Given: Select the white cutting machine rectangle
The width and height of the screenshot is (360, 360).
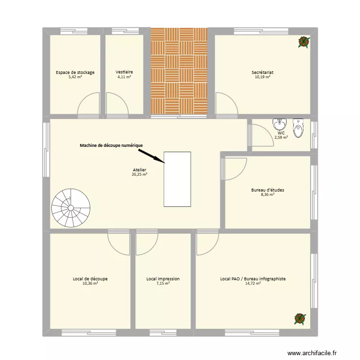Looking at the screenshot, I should point(177,179).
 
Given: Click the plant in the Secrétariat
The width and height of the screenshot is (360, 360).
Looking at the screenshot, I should point(303,42).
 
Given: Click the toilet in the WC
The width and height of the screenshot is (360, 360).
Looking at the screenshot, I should point(299,127).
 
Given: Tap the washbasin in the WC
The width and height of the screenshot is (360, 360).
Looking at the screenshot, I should point(279,125).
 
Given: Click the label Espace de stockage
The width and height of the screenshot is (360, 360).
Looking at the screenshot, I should point(75,72).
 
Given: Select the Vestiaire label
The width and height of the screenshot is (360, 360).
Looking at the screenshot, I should point(124,72).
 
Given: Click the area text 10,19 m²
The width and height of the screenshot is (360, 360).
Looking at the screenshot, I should point(263,77).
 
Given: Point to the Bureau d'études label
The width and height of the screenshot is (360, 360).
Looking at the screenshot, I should point(267,190).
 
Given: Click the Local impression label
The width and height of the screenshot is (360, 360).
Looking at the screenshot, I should point(163,278).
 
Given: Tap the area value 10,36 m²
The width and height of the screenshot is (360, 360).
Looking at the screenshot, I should point(90,283).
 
